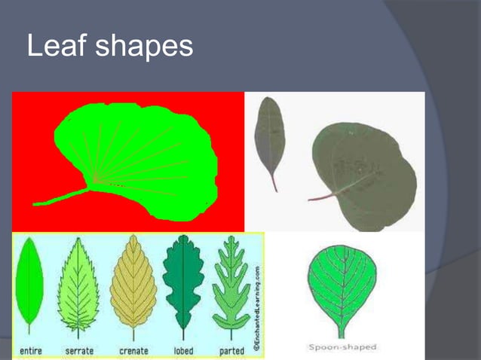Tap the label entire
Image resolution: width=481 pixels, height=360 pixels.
(30, 350)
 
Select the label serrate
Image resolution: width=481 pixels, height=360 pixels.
(80, 350)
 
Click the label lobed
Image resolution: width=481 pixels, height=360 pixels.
(183, 350)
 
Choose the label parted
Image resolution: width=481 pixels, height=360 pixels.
(231, 350)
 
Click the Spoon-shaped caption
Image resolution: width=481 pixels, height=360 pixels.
(343, 347)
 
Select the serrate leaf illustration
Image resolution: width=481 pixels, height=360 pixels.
(78, 282)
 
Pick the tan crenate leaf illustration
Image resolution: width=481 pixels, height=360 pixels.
(133, 282)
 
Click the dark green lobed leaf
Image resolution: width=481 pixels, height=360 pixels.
(183, 282)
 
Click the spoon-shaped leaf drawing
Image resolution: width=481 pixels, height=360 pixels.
(342, 282)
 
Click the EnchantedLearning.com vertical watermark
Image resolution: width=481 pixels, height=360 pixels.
(256, 309)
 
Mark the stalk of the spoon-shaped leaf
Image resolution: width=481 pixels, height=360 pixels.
(342, 330)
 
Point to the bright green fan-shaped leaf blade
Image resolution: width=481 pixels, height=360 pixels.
(143, 154)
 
